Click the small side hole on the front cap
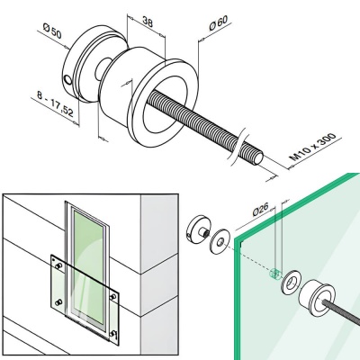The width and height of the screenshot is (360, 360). point(69,81)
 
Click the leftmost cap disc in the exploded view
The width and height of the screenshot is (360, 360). point(197,229)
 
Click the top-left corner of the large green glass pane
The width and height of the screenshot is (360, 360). point(239,244)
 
